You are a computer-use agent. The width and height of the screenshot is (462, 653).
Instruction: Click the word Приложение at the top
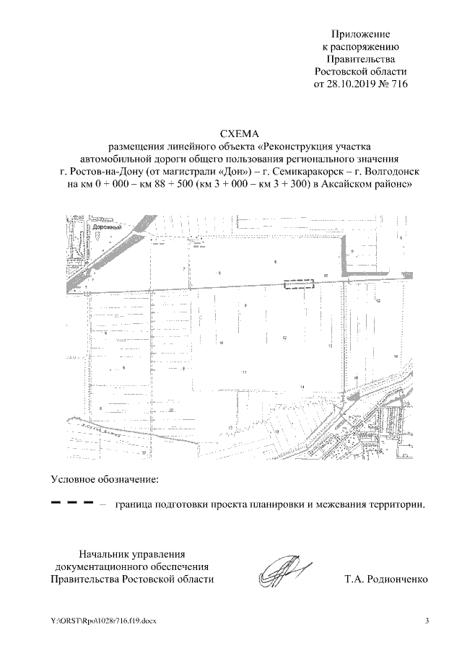360,34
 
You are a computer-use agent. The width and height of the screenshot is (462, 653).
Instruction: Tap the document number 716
398,84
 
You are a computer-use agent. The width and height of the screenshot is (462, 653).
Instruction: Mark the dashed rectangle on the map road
300,285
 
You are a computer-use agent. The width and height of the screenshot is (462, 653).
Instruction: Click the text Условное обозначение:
105,478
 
